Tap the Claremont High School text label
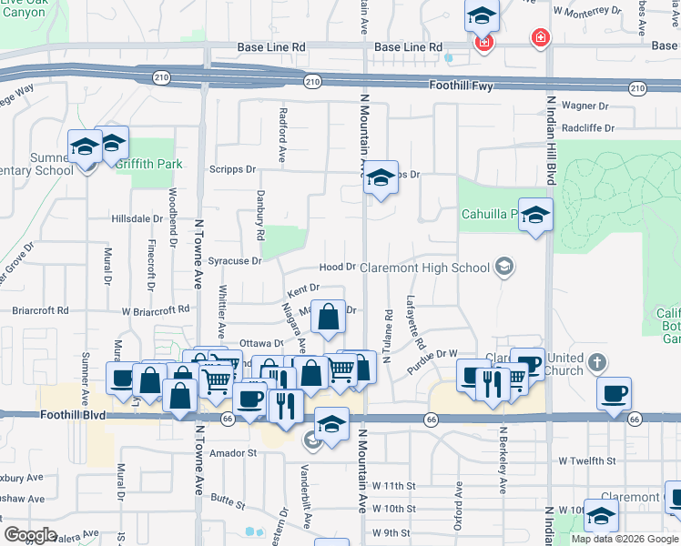[x=424, y=268]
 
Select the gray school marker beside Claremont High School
[x=503, y=268]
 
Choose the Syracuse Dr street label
[x=235, y=260]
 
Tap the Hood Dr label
[x=337, y=267]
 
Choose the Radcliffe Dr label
[x=588, y=128]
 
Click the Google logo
[x=30, y=535]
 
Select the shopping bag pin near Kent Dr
[x=329, y=317]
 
